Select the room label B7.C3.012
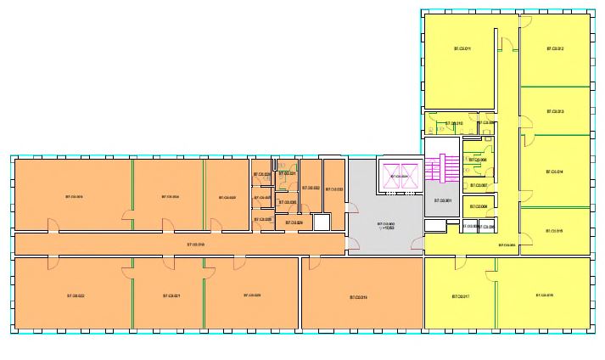click(x=555, y=48)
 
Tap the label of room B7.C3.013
click(x=555, y=111)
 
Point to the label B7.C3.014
click(x=555, y=172)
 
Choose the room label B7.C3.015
click(x=555, y=230)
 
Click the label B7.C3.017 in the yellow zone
click(x=461, y=296)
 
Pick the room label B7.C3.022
click(x=76, y=295)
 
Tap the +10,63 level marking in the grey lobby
click(x=387, y=228)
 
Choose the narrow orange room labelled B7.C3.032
click(x=311, y=188)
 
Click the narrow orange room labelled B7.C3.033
click(x=334, y=188)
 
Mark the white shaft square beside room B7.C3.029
click(x=321, y=222)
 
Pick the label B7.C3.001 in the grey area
click(x=441, y=201)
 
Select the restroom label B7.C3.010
click(x=454, y=124)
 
